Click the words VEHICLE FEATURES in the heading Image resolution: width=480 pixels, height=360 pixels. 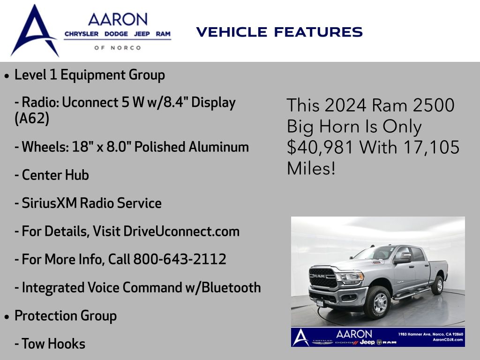click(x=279, y=32)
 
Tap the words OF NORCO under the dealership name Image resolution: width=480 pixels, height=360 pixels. click(x=118, y=48)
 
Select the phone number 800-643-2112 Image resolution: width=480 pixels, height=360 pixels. click(x=180, y=259)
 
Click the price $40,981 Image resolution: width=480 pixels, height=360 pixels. click(x=320, y=147)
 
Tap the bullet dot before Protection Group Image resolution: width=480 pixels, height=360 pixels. click(x=7, y=316)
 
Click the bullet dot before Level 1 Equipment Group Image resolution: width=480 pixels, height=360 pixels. click(x=7, y=75)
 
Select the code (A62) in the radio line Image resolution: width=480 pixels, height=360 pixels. click(x=32, y=118)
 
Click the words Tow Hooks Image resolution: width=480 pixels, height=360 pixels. click(x=53, y=344)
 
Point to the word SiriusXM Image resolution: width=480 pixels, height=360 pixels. click(x=49, y=203)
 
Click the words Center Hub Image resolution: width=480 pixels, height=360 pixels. click(x=55, y=175)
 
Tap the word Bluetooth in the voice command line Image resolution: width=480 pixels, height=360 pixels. click(x=232, y=287)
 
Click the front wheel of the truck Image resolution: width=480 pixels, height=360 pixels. click(x=378, y=303)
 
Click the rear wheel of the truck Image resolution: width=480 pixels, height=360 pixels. click(x=438, y=285)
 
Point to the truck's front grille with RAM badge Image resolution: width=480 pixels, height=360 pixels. click(x=323, y=277)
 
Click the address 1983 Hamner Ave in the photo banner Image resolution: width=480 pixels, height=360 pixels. click(x=414, y=334)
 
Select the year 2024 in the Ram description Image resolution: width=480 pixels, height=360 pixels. click(x=345, y=105)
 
